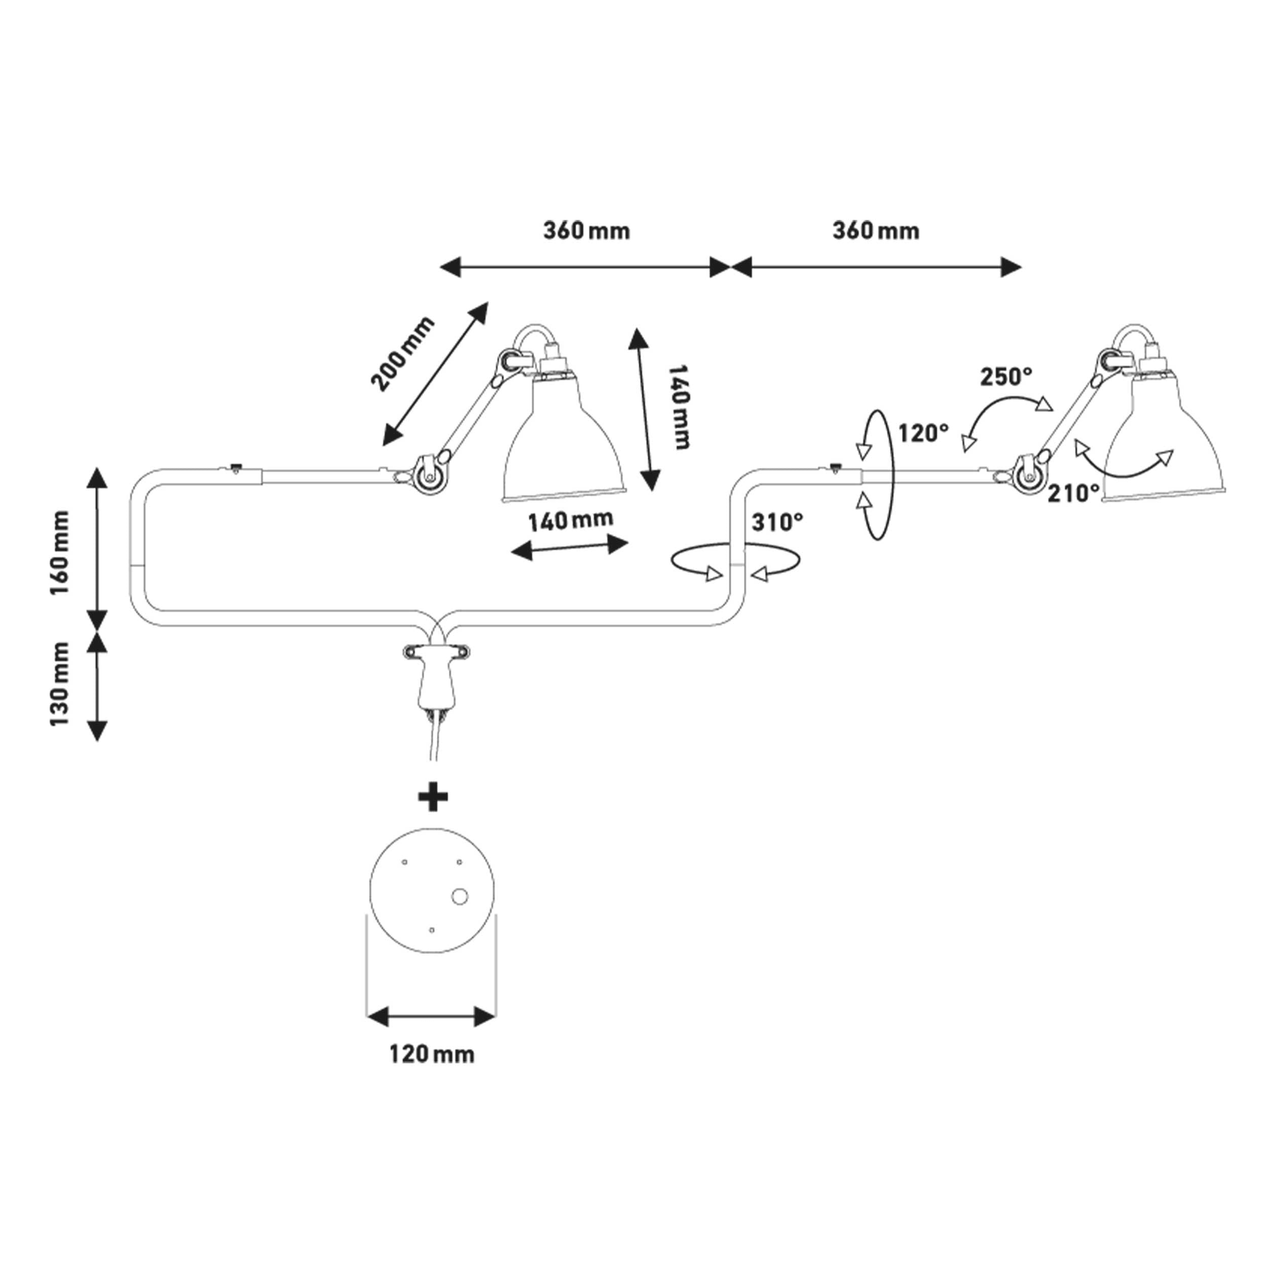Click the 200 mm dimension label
tap(401, 353)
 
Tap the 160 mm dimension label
tap(60, 552)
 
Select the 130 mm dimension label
tap(60, 684)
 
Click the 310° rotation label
tap(777, 523)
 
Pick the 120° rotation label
tap(923, 433)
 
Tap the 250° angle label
tap(1006, 377)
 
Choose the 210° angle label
tap(1073, 493)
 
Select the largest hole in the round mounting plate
tap(459, 896)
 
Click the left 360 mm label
tap(586, 231)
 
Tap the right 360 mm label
tap(875, 231)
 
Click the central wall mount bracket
tap(434, 676)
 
